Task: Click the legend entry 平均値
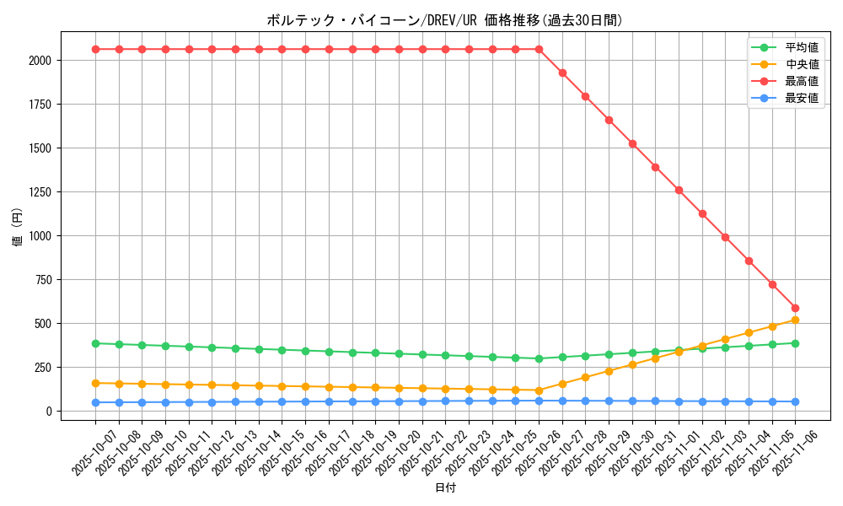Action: (801, 48)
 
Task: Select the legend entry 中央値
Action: (801, 65)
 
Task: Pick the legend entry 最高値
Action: (801, 82)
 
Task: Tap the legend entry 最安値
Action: (801, 99)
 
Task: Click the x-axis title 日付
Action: (444, 488)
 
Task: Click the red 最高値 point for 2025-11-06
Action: (795, 309)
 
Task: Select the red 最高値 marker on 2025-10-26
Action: (539, 49)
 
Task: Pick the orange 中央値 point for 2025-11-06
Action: (795, 320)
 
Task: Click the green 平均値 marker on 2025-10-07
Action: (95, 343)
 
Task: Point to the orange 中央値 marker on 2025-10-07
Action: (95, 383)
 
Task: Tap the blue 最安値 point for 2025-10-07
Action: (95, 402)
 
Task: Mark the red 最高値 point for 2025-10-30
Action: (632, 143)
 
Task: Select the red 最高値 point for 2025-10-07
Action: (95, 49)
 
